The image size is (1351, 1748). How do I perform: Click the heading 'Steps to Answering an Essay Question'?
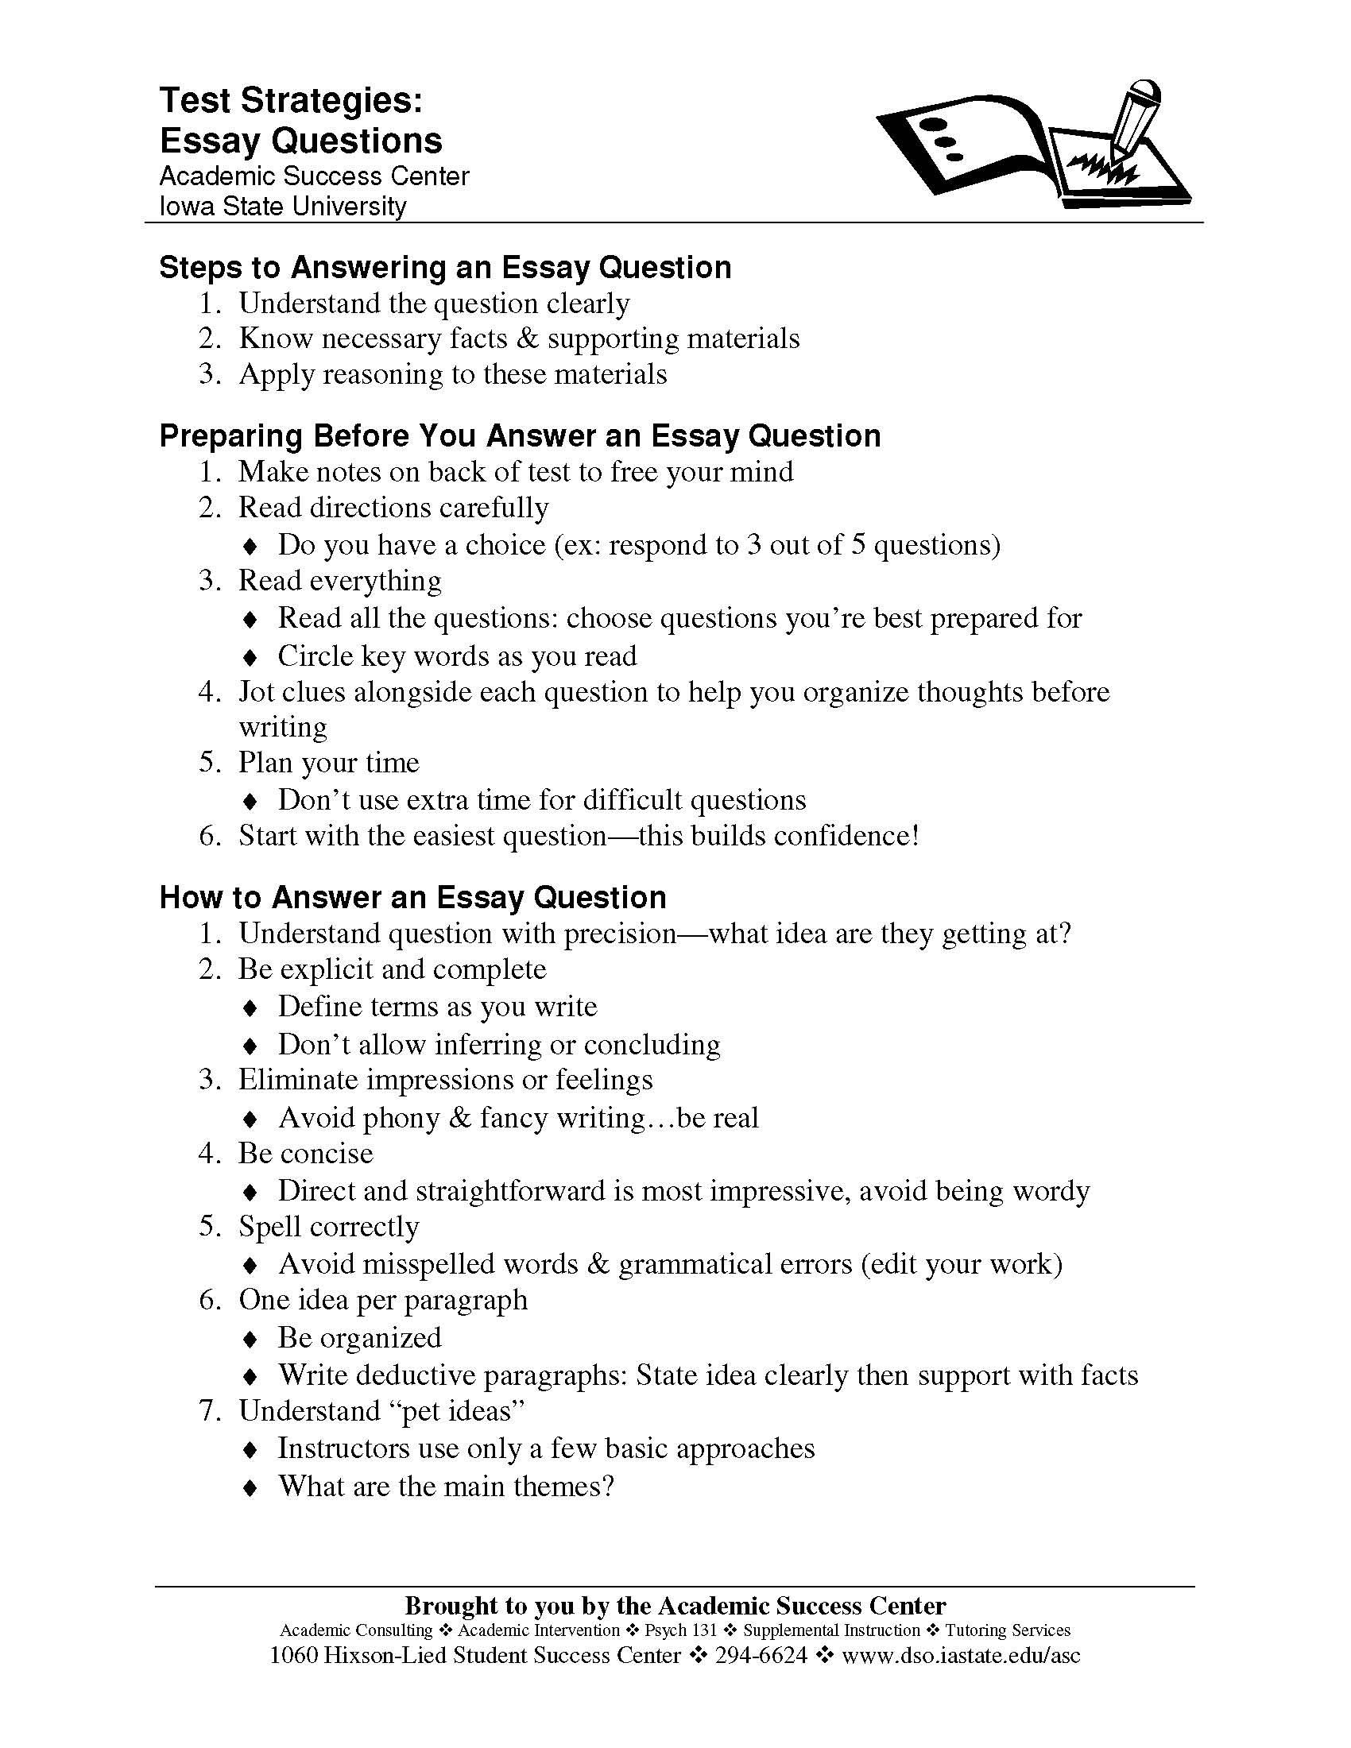point(445,267)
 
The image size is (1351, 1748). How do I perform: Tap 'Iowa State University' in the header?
point(284,207)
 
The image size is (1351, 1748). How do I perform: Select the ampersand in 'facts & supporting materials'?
point(528,338)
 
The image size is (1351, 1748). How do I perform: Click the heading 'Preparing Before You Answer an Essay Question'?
point(520,436)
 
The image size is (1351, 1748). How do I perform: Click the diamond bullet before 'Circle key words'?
point(250,657)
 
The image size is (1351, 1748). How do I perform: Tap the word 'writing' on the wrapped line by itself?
point(283,727)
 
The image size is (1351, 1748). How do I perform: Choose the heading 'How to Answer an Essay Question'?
point(412,897)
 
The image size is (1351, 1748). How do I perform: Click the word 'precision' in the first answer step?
point(621,934)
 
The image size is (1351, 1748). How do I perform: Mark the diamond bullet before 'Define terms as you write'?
point(250,1007)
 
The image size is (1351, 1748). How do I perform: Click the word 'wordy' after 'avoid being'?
point(1051,1191)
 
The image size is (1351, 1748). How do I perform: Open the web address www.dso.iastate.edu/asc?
point(962,1654)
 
